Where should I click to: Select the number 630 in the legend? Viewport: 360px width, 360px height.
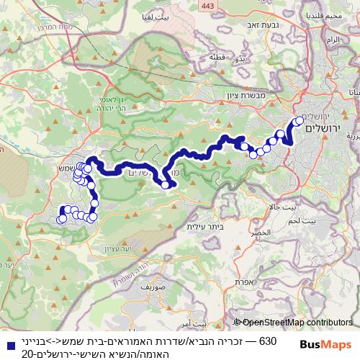267,340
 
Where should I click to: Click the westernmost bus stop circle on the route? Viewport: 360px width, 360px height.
62,220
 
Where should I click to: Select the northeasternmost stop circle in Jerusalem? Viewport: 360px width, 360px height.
300,120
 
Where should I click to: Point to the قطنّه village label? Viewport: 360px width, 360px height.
215,56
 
